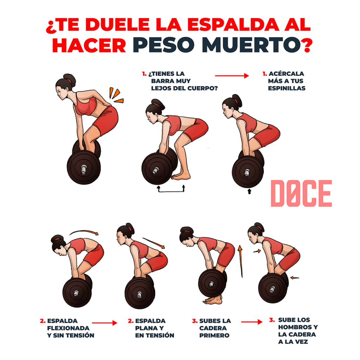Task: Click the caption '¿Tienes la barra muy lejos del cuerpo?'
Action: pos(179,81)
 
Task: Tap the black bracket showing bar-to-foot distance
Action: pos(171,189)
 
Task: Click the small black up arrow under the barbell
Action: pos(250,191)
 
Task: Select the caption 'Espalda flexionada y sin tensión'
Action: pos(67,328)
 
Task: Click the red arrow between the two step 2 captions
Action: pos(104,322)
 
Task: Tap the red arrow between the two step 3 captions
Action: pos(252,321)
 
